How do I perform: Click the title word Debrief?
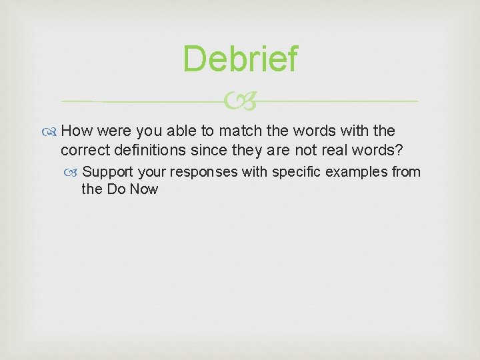pos(240,59)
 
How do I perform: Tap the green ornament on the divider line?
pos(239,102)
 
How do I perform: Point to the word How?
pos(77,131)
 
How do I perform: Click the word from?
pos(406,172)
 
